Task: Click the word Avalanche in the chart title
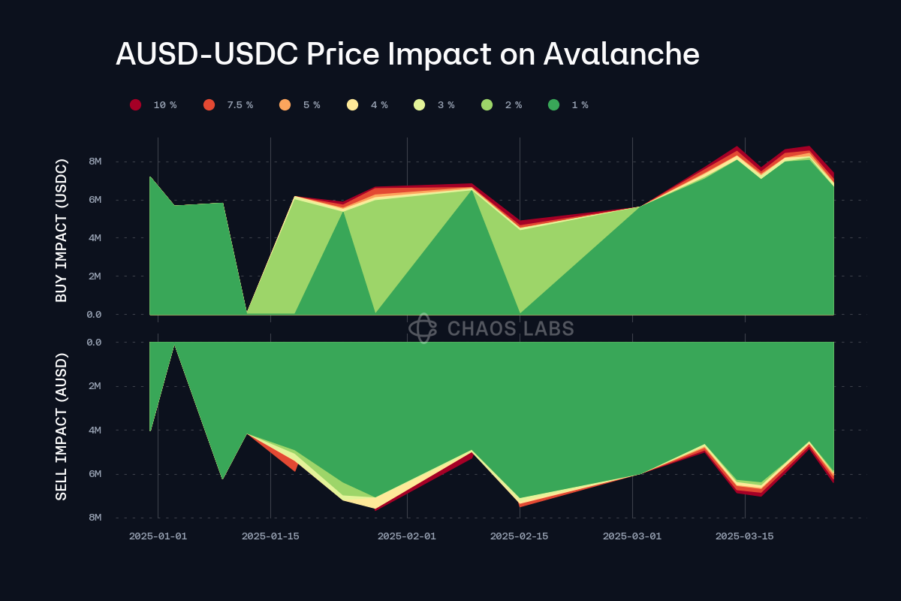point(621,55)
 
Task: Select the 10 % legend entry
point(155,105)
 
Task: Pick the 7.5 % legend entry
point(230,105)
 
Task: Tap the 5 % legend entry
point(302,105)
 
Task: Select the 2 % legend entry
point(503,105)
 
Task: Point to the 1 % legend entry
point(570,105)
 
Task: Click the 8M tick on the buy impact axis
point(95,162)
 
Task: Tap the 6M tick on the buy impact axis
point(95,200)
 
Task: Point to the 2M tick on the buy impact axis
point(95,276)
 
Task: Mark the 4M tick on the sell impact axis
point(95,430)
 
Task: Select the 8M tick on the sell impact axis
point(95,518)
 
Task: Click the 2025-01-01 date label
point(158,536)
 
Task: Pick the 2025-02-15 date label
point(519,536)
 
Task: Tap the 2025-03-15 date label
point(744,536)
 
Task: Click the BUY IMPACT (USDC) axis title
point(62,231)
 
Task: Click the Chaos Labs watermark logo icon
point(423,328)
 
